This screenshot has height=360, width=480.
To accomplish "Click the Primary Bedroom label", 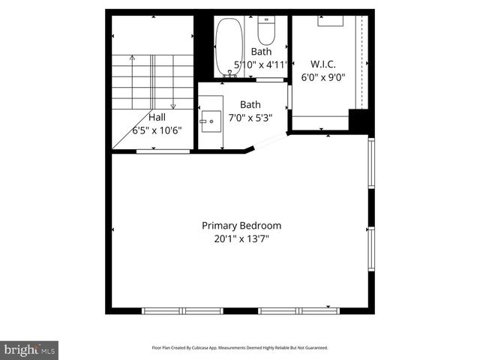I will (241, 225).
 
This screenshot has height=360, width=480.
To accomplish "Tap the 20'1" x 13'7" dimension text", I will (241, 239).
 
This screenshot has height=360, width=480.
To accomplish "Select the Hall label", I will (157, 117).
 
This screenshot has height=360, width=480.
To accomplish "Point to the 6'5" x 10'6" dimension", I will (157, 130).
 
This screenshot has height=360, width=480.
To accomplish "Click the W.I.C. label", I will (322, 64).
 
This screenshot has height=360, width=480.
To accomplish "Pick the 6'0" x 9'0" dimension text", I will (322, 76).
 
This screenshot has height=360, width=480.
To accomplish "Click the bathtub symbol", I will (229, 46).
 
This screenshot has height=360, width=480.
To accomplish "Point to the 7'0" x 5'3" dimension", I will (250, 118).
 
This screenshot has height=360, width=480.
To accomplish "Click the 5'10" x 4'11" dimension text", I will (261, 64).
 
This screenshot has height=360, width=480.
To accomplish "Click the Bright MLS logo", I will (29, 349).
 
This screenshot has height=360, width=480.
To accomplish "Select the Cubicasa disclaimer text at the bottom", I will (240, 348).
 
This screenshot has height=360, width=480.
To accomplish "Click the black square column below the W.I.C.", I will (361, 121).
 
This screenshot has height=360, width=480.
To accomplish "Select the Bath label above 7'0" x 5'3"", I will (250, 105).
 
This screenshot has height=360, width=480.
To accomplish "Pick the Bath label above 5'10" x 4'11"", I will (261, 52).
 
